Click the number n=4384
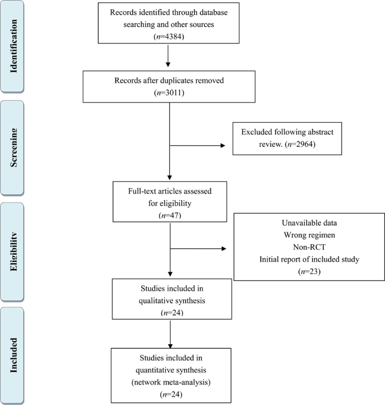click(169, 37)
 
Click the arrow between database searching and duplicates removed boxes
click(169, 57)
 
